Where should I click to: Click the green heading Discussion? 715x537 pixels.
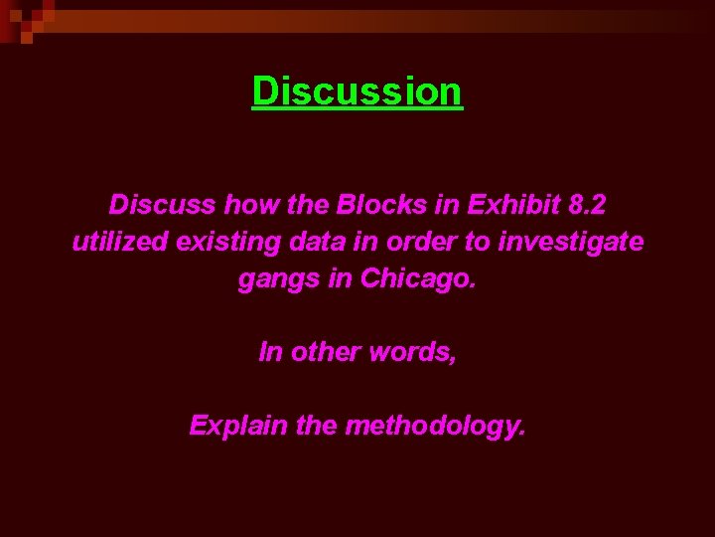[x=357, y=91]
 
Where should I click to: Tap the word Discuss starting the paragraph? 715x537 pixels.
[x=163, y=205]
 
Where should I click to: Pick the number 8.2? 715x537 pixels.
[x=585, y=205]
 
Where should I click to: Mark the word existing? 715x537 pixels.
[x=216, y=242]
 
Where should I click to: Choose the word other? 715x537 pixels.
[x=324, y=353]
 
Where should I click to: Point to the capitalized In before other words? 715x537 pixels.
[x=270, y=353]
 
